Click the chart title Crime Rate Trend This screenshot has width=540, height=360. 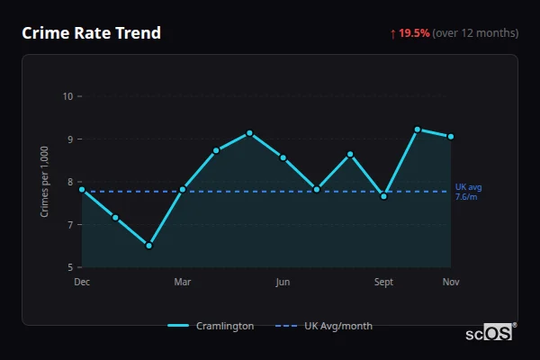point(92,33)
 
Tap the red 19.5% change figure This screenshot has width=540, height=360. point(415,33)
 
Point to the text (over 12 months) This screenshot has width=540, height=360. point(475,33)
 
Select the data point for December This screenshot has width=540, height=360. point(82,189)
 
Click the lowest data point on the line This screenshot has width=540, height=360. point(149,245)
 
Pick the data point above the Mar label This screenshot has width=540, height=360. point(183,189)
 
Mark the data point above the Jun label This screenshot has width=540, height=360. point(283,157)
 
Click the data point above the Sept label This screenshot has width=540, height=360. point(384,195)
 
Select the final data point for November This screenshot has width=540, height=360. point(451,137)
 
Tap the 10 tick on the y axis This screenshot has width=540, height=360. point(67,96)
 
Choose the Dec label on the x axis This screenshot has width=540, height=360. point(82,282)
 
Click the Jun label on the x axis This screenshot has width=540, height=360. point(283,282)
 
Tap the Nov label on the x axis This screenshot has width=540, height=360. point(451,282)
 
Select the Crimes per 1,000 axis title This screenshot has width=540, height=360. point(45,183)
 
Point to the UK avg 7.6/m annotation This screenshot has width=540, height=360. point(467,192)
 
